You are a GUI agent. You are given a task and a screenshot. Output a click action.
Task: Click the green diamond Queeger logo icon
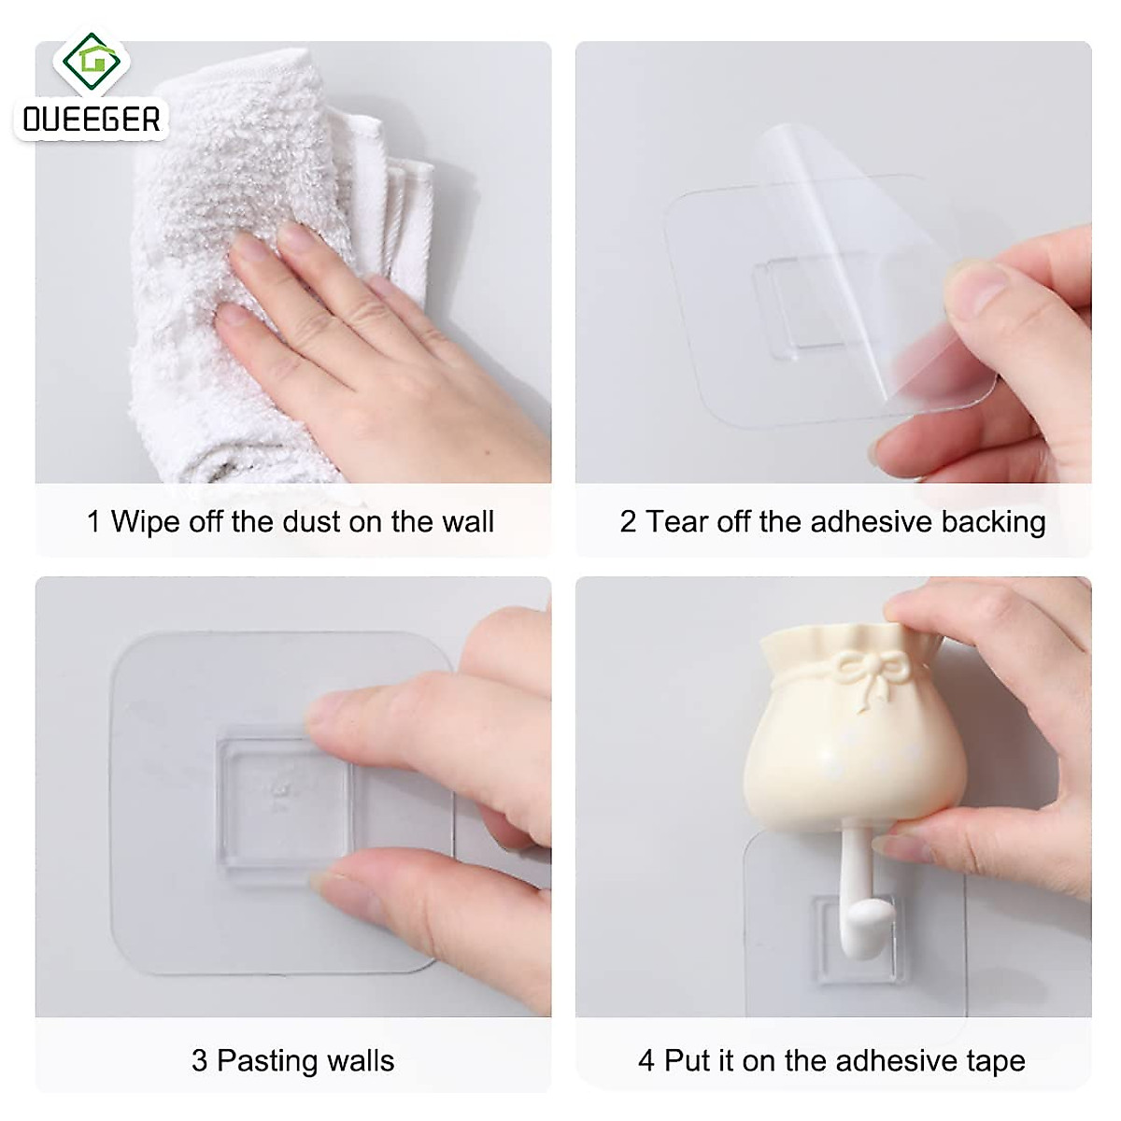(92, 64)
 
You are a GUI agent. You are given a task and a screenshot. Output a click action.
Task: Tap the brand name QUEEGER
(92, 120)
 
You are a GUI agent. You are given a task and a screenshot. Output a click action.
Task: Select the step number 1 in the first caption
(93, 521)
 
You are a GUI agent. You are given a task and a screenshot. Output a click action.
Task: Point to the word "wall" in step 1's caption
(467, 521)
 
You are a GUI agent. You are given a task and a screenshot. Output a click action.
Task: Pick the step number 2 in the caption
(628, 521)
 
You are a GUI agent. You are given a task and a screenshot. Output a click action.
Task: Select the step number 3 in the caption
(199, 1060)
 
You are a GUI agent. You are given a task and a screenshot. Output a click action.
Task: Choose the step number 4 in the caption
(646, 1060)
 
